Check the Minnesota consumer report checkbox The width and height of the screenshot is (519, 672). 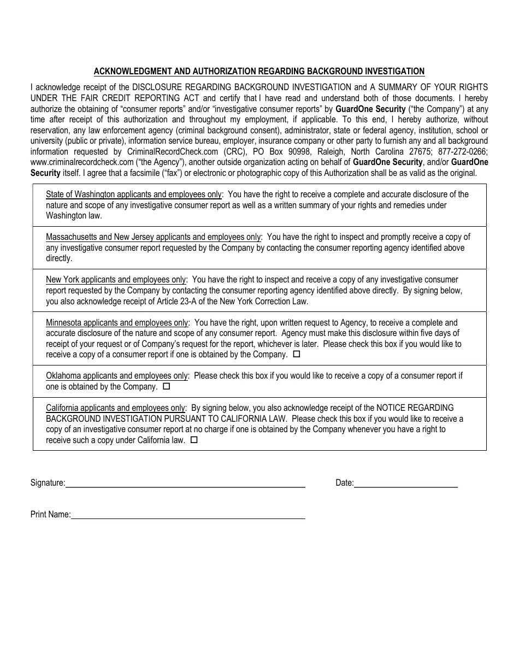297,354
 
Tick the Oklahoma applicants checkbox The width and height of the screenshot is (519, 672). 167,386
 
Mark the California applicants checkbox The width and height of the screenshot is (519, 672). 194,440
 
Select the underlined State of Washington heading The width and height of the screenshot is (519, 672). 134,194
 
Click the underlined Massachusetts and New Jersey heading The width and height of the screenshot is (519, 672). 154,237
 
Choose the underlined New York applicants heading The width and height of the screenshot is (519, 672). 116,280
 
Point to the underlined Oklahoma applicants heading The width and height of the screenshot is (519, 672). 117,376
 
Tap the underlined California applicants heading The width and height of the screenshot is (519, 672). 116,408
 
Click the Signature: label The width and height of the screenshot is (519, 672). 48,483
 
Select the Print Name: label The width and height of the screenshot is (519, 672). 50,515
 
